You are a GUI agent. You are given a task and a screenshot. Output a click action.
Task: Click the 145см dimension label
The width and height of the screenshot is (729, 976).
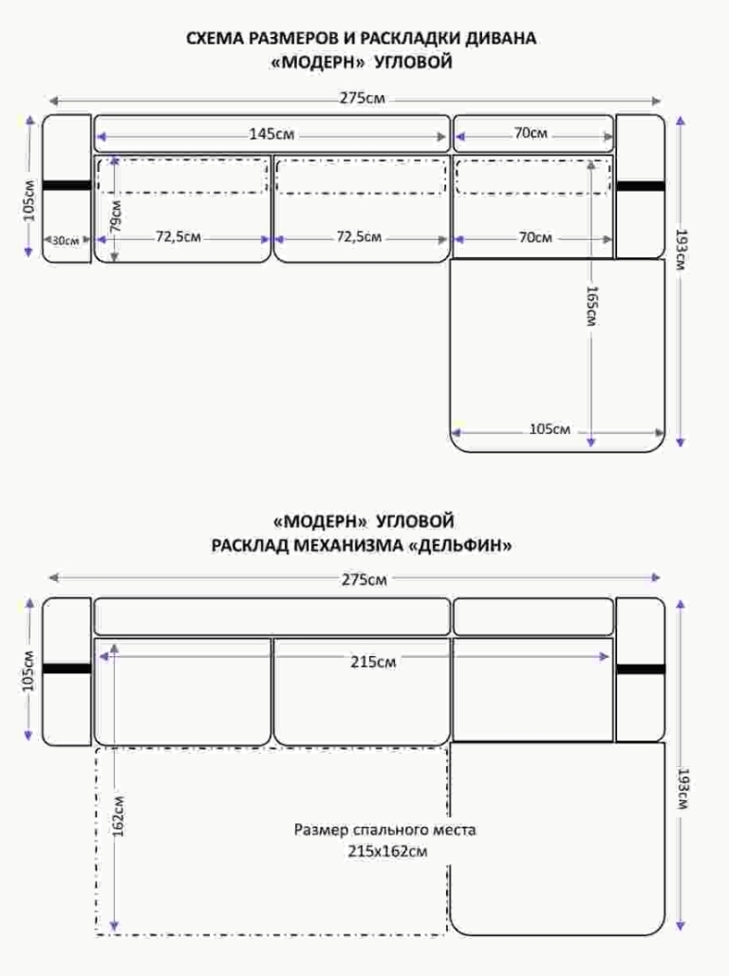[x=271, y=134]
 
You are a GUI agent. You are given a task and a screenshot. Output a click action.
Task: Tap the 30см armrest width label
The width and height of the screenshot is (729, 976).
[x=65, y=240]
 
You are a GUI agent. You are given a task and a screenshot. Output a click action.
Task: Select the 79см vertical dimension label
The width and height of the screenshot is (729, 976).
[x=116, y=216]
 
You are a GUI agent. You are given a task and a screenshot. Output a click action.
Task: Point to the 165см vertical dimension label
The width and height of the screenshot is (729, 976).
[x=591, y=306]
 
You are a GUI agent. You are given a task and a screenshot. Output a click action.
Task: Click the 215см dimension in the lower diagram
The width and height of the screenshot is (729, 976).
[x=373, y=662]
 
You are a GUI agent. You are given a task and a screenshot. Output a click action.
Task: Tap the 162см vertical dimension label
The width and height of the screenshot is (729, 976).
[x=119, y=816]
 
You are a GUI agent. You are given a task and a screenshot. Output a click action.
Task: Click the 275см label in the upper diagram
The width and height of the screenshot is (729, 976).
[x=363, y=99]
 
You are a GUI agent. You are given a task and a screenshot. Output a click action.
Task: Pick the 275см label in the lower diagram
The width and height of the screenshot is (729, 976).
[x=364, y=579]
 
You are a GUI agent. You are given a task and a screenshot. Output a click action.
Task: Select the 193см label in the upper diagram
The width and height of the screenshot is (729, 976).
[x=682, y=250]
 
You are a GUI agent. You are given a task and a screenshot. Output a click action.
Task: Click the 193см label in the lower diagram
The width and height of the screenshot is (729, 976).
[x=682, y=789]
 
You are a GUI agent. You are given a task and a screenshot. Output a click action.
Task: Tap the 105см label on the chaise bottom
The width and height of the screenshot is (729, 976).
[x=550, y=429]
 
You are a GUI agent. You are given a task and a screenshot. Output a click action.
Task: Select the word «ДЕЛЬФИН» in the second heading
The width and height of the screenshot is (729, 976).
[x=460, y=546]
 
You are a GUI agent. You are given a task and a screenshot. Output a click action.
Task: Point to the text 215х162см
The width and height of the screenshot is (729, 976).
[x=388, y=852]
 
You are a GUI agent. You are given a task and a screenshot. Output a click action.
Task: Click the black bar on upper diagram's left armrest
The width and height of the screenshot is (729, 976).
[x=66, y=185]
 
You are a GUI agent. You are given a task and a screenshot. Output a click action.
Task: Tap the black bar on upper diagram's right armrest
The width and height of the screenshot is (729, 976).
[x=641, y=185]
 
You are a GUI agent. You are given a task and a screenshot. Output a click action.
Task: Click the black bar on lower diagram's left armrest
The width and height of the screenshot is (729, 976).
[x=66, y=668]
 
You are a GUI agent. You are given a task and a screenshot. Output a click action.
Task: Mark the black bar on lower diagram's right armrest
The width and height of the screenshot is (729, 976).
[x=641, y=669]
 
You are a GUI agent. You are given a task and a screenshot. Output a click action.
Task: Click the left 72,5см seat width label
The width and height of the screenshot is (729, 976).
[x=178, y=237]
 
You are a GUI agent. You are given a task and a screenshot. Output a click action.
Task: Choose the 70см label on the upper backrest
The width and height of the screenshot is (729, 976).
[x=531, y=133]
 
